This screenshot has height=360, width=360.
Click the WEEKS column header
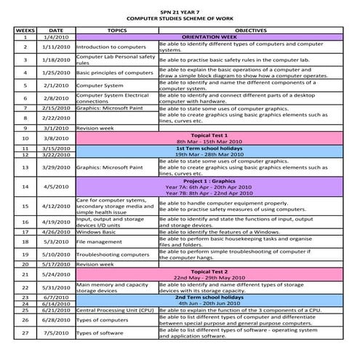click(25, 31)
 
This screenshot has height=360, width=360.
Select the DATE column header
click(56, 31)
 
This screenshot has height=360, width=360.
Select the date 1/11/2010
click(56, 47)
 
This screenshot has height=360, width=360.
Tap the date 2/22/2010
click(56, 117)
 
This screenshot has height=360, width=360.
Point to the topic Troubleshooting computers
click(112, 255)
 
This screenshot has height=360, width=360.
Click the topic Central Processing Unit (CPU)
click(113, 310)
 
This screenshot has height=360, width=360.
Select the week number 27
click(25, 332)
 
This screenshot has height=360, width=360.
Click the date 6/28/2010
click(56, 319)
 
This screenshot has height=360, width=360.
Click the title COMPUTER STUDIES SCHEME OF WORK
click(180, 19)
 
